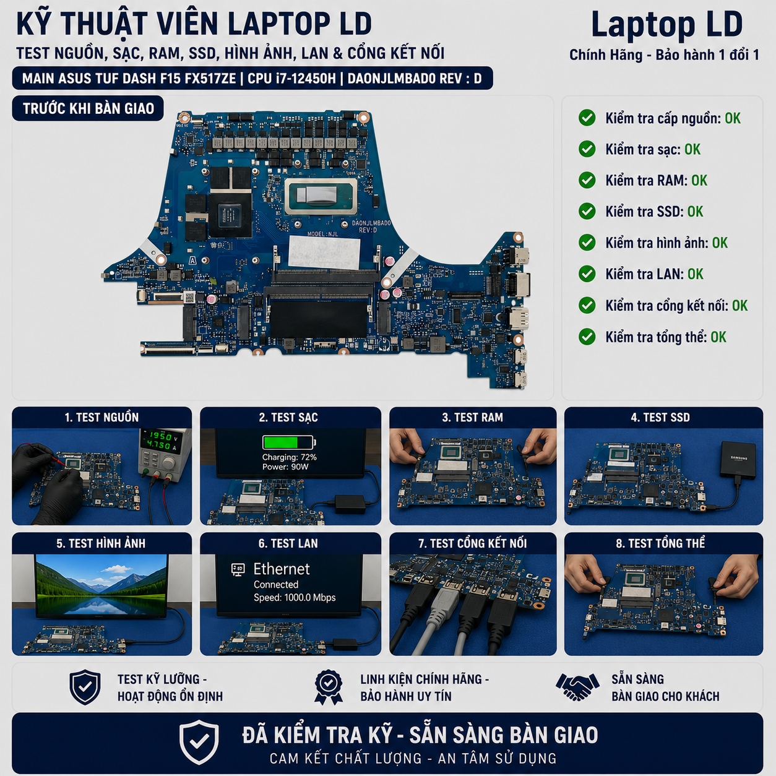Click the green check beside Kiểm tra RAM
coord(587,180)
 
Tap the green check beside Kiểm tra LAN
coord(587,274)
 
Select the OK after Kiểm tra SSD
coord(695,212)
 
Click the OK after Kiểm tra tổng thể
coord(718,337)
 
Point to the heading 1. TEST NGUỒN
coord(101,417)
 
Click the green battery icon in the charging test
coord(289,442)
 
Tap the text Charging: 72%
coord(289,457)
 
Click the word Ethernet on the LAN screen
coord(281,569)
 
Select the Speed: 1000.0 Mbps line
coord(295,598)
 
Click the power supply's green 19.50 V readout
coord(160,436)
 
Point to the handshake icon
coord(577,688)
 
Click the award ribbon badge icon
coord(329,687)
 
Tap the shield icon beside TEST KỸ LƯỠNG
coord(85,687)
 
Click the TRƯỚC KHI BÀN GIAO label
coord(88,108)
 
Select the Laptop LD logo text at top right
coord(666,24)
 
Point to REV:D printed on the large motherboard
coord(368,230)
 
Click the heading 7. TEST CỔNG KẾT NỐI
coord(472,543)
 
